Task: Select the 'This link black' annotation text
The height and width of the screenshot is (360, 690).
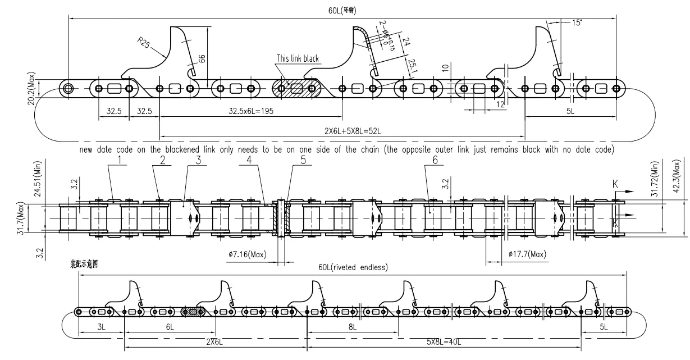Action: click(x=297, y=58)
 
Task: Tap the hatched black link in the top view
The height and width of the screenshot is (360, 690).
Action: click(x=296, y=89)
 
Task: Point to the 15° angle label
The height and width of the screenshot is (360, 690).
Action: click(x=577, y=23)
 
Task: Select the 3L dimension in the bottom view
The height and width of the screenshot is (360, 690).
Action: click(x=102, y=327)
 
